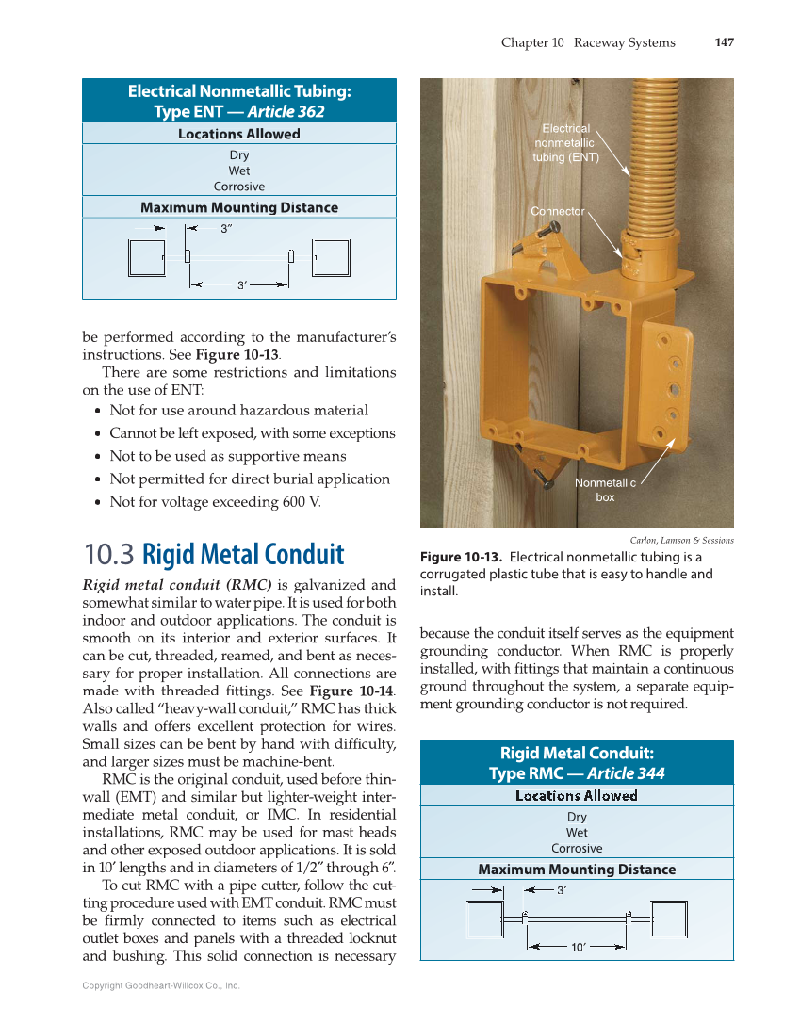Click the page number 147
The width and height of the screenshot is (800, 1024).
click(724, 42)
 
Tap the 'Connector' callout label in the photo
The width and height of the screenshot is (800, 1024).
click(557, 211)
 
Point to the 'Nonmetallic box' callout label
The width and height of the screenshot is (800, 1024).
click(605, 490)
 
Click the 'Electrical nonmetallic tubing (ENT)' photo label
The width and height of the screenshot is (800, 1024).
click(565, 143)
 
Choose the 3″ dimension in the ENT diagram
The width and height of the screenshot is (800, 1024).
click(226, 228)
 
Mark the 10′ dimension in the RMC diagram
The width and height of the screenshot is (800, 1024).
click(579, 948)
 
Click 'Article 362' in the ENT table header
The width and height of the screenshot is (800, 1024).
click(286, 111)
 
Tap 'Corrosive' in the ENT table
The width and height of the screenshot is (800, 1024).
click(239, 187)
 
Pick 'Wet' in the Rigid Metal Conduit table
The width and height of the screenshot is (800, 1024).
click(577, 833)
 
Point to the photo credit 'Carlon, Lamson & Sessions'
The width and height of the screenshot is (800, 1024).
click(681, 540)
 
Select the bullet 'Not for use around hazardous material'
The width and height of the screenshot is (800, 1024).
click(238, 410)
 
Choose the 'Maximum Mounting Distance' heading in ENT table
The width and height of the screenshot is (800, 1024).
click(239, 207)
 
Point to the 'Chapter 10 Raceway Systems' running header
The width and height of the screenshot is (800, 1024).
click(588, 42)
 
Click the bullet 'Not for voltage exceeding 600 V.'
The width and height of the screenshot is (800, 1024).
click(215, 501)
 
